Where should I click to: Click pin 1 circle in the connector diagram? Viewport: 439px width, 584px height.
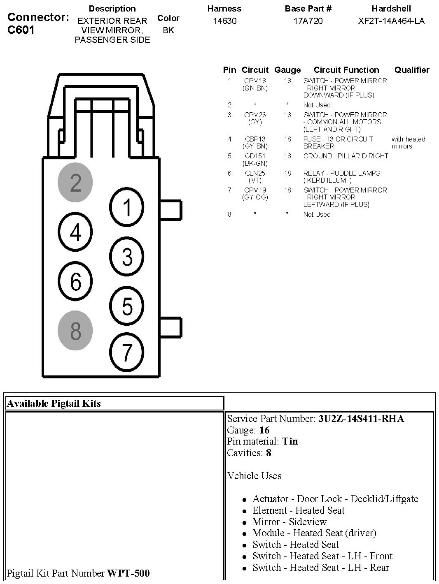click(127, 207)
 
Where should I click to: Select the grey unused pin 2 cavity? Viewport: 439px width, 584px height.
click(75, 183)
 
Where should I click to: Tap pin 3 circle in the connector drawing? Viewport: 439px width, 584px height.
click(127, 257)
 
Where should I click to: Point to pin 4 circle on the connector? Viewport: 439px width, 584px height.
click(75, 233)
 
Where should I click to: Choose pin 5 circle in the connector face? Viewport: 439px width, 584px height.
click(127, 307)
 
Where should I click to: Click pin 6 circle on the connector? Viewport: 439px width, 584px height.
click(75, 282)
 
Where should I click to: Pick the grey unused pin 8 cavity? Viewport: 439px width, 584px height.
click(75, 331)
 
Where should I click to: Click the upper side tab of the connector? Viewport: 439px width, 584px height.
click(170, 210)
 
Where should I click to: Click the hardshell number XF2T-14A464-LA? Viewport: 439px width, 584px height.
click(391, 21)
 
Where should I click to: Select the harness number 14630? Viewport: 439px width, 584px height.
click(224, 21)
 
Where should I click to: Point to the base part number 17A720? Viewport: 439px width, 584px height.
click(308, 21)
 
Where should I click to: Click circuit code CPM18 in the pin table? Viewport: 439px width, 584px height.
click(255, 81)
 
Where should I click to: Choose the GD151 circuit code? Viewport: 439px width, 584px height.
click(255, 156)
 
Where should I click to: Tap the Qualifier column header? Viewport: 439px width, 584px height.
click(412, 70)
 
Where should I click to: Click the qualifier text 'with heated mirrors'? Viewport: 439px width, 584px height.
click(408, 143)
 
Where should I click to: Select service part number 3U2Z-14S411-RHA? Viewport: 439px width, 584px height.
click(361, 419)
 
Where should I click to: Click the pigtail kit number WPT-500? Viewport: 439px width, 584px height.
click(128, 573)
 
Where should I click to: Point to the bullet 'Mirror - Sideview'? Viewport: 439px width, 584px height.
click(290, 522)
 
